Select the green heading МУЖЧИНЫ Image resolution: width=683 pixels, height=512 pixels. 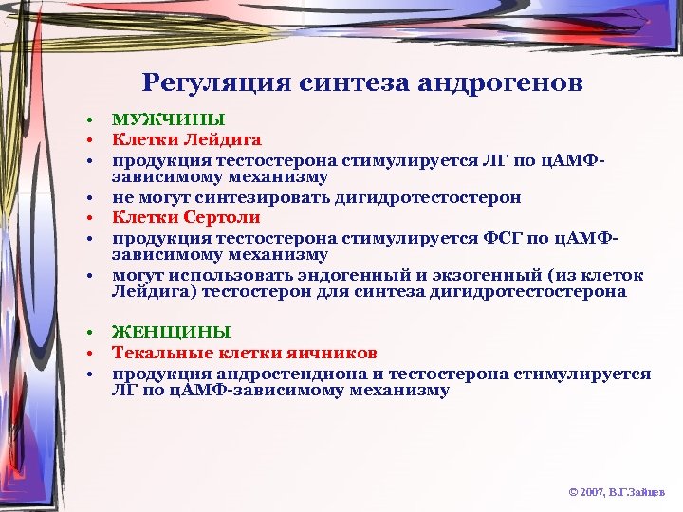pos(169,119)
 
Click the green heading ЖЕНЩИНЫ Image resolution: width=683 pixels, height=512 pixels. pos(171,332)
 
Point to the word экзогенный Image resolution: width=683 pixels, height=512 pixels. pos(480,275)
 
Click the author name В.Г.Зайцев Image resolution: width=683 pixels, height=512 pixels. pos(640,493)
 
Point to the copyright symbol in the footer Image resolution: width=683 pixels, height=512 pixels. pos(572,493)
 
